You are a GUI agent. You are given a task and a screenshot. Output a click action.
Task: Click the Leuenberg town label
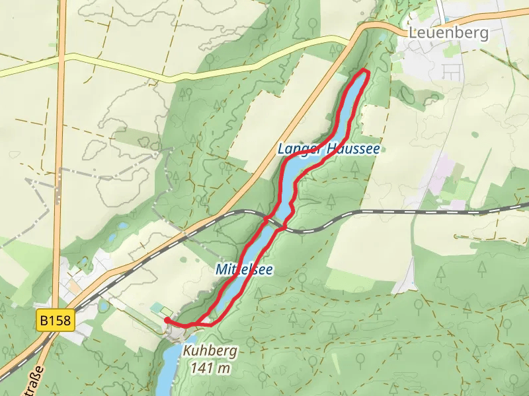(448, 33)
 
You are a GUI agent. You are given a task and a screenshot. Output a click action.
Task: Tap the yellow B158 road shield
(56, 322)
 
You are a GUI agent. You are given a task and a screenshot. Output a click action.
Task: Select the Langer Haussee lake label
(329, 150)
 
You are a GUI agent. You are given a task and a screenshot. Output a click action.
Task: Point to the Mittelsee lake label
(243, 269)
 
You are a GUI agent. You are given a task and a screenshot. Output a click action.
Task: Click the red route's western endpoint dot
(166, 320)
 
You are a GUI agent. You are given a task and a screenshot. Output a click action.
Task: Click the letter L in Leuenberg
(413, 33)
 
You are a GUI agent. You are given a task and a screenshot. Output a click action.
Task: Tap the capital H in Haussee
(327, 150)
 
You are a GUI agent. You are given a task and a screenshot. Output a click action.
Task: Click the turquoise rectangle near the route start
(159, 308)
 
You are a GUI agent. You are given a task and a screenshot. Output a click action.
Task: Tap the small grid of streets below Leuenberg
(451, 71)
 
